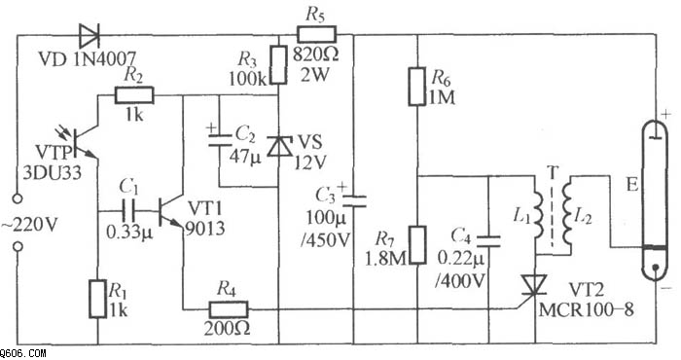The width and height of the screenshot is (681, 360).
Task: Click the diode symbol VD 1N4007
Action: point(90,35)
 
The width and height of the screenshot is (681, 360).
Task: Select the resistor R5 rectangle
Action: point(316,34)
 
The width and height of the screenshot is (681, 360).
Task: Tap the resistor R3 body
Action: point(278,65)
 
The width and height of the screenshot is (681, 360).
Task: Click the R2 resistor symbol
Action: point(134,95)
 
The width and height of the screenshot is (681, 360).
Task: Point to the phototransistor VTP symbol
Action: point(82,142)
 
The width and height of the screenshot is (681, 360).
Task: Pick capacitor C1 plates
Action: point(128,211)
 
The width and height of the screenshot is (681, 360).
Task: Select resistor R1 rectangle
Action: point(97,299)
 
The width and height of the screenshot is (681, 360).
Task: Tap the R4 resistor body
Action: point(228,309)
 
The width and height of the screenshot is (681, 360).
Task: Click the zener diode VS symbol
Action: point(278,146)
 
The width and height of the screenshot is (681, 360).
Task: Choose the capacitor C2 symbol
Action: point(220,139)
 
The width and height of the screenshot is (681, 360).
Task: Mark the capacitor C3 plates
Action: point(354,200)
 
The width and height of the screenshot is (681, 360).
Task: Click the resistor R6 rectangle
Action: point(417,86)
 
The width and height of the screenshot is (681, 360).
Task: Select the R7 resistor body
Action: point(417,245)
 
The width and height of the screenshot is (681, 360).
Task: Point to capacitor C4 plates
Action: point(489,241)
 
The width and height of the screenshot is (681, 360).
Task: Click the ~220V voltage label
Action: point(29,226)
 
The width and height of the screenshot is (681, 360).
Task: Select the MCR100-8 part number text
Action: point(587,309)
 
